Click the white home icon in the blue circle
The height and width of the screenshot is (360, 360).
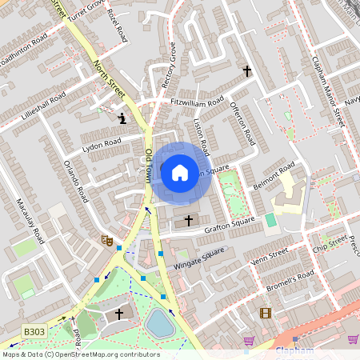tap(180, 171)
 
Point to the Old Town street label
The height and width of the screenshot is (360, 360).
tap(149, 167)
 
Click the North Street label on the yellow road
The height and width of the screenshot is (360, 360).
tap(109, 80)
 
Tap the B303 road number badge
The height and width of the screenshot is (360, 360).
tap(33, 330)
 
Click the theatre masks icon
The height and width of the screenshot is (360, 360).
tap(106, 239)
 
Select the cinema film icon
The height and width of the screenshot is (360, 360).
tap(265, 313)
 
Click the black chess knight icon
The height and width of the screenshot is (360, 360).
tap(122, 119)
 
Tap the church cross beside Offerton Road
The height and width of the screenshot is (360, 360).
tap(247, 71)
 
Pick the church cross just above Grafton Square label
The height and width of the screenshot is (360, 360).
tap(190, 219)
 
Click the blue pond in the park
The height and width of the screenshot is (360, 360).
tap(159, 324)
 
